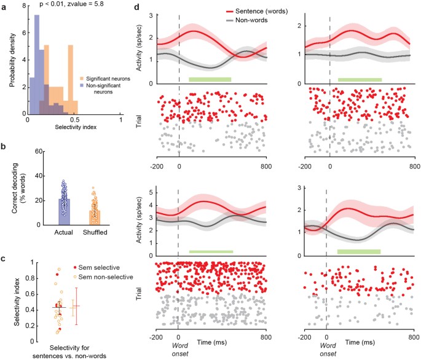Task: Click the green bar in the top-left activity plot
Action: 210,79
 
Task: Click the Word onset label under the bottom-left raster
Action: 178,348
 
